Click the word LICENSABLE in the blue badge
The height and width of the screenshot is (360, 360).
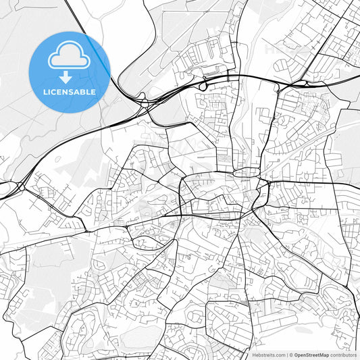(x=70, y=91)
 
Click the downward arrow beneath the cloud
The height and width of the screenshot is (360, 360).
(x=69, y=76)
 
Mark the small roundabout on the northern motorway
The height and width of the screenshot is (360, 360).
(x=203, y=86)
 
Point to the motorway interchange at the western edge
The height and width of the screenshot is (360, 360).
(x=15, y=185)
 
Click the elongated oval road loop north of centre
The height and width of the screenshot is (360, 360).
(x=245, y=173)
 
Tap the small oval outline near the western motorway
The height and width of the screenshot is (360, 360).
(x=58, y=159)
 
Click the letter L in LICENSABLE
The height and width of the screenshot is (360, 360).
(x=45, y=91)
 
